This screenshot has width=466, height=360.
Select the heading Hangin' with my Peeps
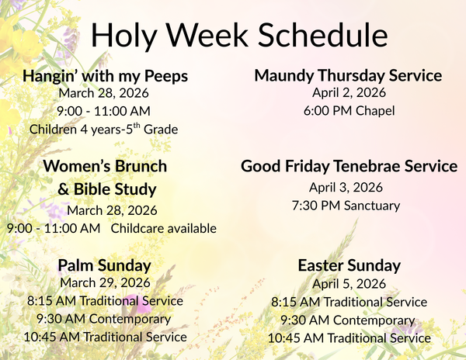105,77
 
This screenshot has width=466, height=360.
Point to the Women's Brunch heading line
105,166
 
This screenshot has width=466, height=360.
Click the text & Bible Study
106,189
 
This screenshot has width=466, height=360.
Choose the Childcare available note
163,228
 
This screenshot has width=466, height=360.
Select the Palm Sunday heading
104,266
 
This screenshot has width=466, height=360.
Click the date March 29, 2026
104,282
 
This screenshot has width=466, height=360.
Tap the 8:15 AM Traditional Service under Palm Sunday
105,300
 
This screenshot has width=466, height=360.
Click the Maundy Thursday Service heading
348,75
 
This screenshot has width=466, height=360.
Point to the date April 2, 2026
349,93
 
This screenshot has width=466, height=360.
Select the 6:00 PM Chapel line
349,111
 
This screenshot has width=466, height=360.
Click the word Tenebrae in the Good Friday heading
369,166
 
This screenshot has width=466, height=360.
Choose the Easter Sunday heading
349,266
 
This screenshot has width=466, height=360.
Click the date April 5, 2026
349,283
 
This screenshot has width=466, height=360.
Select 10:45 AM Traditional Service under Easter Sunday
349,338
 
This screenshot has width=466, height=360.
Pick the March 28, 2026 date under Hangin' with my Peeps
104,93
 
